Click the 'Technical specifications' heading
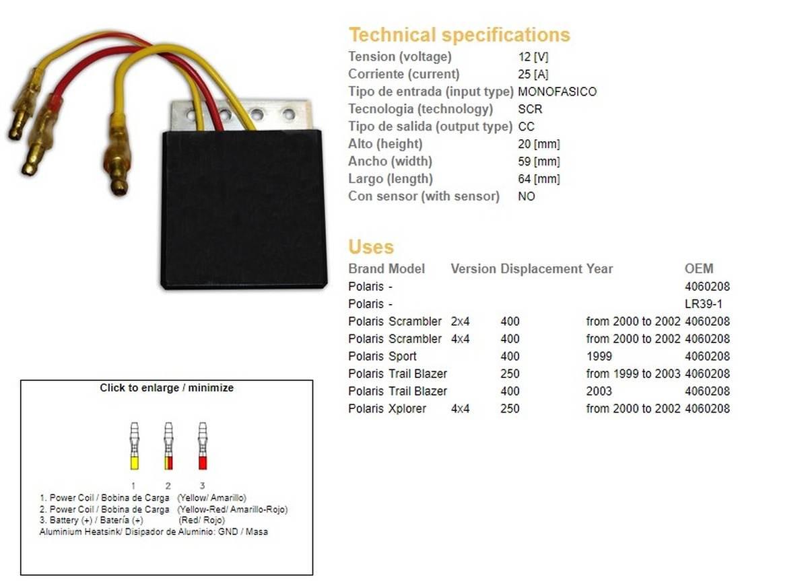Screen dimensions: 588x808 click(459, 35)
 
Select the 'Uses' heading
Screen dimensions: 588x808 click(371, 247)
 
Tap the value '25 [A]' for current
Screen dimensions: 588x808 click(533, 74)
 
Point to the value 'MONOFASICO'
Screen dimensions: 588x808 click(557, 91)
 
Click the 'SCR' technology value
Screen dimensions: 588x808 click(530, 109)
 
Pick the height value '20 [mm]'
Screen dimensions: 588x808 click(539, 144)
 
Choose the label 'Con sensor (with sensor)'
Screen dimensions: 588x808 click(424, 196)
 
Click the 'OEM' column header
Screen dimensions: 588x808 click(698, 269)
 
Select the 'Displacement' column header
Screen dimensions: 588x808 click(541, 269)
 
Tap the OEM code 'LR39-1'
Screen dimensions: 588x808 click(703, 304)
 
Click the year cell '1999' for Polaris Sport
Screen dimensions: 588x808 click(599, 357)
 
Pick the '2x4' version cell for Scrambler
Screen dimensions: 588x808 click(461, 322)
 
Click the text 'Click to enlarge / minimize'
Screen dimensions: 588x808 click(166, 388)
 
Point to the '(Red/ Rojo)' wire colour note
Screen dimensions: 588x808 click(201, 520)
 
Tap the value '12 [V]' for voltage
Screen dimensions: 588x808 click(533, 57)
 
